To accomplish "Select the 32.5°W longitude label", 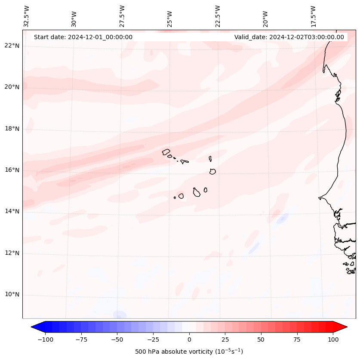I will coord(27,15).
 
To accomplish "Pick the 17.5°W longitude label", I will coord(313,15).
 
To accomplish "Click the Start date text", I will coord(83,37).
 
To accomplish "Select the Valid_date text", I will coord(289,37).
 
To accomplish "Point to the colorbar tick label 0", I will coord(189,339).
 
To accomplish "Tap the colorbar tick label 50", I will coord(261,339).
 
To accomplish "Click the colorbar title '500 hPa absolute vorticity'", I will coord(189,352).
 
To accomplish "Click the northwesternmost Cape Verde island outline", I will coord(166,151).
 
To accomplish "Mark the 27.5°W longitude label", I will coord(122,15).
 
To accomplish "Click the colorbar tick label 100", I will coord(332,339).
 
